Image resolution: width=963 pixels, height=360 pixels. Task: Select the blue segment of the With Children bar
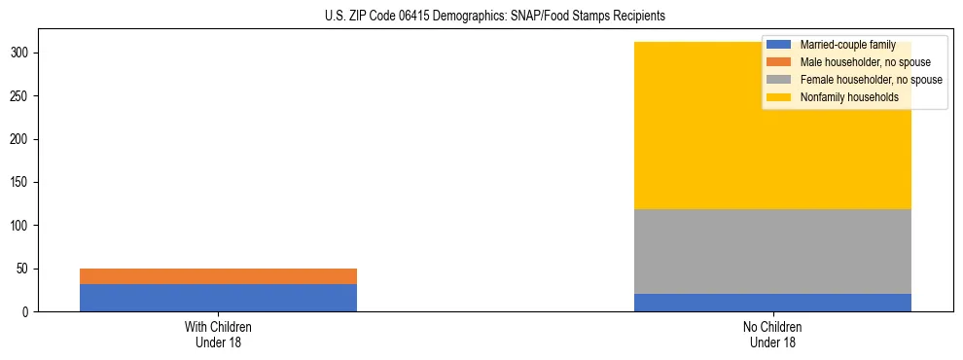[218, 298]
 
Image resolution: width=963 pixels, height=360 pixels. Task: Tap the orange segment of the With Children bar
[218, 276]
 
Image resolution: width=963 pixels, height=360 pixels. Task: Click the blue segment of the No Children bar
[772, 303]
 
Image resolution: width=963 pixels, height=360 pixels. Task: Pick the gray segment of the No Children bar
[772, 251]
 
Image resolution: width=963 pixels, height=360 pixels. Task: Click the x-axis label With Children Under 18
[218, 335]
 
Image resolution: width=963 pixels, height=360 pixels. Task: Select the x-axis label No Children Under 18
[772, 335]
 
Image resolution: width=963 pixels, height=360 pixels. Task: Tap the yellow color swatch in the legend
[779, 97]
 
